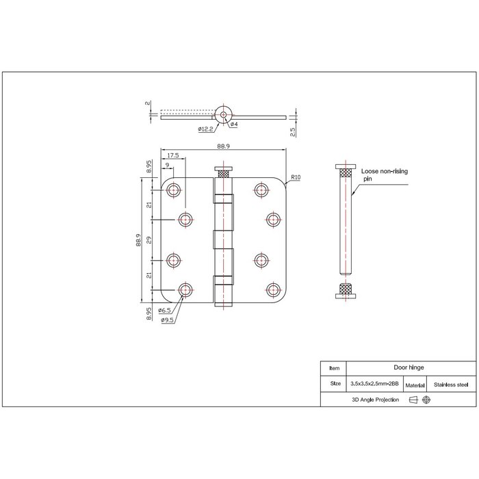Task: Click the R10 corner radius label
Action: (296, 177)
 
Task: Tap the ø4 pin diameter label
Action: (233, 125)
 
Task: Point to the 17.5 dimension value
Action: (172, 156)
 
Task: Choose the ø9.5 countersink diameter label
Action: (168, 320)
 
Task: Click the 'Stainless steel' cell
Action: (448, 385)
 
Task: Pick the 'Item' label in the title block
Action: (335, 367)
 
